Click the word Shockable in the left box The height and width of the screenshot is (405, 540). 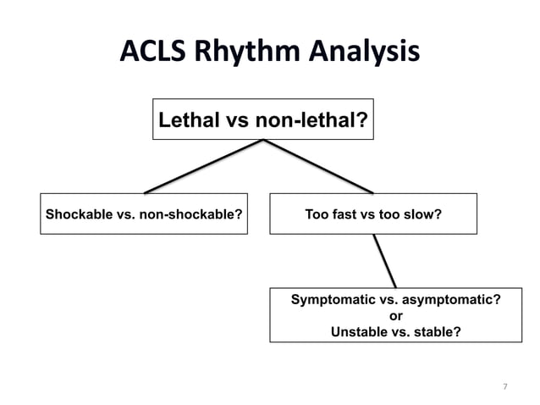tap(77, 214)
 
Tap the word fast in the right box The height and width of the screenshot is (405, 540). tap(344, 214)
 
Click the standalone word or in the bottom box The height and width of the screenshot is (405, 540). tap(395, 316)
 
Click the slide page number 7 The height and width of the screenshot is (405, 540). tap(505, 387)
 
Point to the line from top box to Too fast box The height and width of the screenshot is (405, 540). tap(319, 167)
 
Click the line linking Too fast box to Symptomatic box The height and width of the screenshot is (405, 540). tap(385, 261)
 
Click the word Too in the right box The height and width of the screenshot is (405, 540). tap(316, 214)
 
